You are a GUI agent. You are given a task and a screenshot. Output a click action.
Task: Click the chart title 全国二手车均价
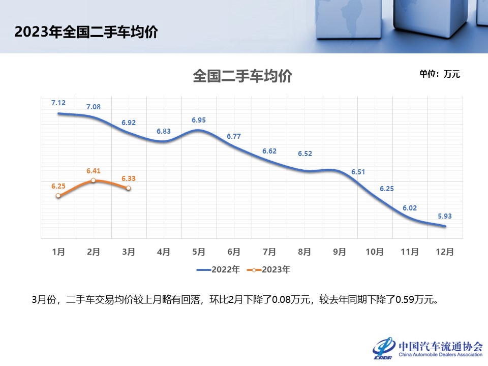[242, 77]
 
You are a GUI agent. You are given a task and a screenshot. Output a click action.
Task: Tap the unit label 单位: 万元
[439, 74]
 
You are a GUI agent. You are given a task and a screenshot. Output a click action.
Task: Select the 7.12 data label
[58, 103]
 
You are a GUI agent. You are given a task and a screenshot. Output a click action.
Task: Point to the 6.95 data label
[199, 120]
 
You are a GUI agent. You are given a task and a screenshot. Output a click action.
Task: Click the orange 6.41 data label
[94, 171]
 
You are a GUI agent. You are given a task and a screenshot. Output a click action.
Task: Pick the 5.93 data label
[445, 216]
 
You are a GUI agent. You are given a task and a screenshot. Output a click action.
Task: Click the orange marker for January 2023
[58, 196]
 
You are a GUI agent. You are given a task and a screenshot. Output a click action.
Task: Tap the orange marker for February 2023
[94, 180]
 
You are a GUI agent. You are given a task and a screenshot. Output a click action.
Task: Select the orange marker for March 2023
[128, 188]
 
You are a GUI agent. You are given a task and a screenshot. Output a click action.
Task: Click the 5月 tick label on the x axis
[199, 252]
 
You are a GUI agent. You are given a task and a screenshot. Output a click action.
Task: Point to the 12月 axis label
[445, 252]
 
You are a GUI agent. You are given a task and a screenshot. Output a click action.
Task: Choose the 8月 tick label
[304, 252]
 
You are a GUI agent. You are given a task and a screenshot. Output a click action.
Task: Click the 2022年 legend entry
[218, 270]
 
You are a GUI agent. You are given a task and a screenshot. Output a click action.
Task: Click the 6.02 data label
[410, 208]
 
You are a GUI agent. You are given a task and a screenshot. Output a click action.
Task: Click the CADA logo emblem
[384, 347]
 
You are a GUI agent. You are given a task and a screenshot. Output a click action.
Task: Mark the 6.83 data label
[164, 131]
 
